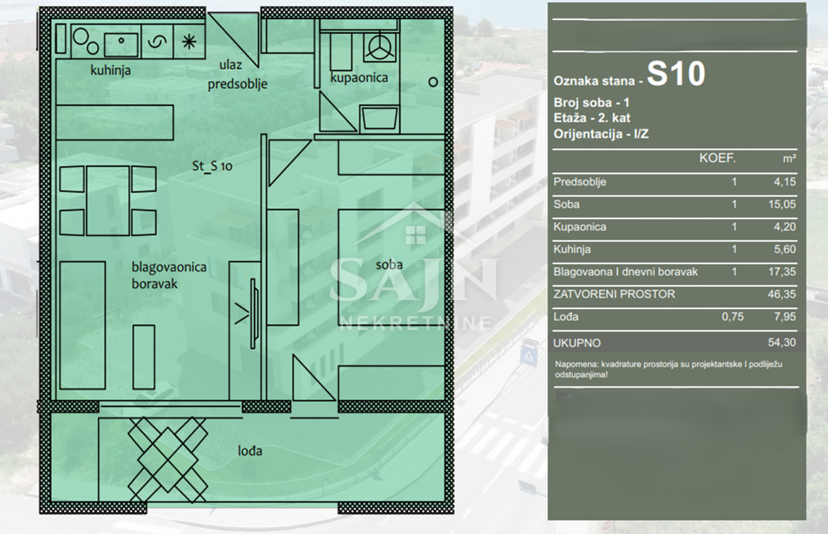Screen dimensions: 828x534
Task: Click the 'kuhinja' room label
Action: pyautogui.click(x=110, y=70)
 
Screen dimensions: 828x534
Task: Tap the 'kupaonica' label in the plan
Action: pyautogui.click(x=359, y=77)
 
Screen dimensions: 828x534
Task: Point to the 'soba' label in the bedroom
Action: pyautogui.click(x=389, y=265)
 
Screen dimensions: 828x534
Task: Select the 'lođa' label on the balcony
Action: pyautogui.click(x=250, y=451)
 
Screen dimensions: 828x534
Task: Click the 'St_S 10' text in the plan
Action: pyautogui.click(x=213, y=166)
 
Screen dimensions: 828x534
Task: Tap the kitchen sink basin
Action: pyautogui.click(x=121, y=45)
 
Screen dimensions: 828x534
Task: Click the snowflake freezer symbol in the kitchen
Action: pyautogui.click(x=189, y=41)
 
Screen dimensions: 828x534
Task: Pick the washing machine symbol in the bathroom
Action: pyautogui.click(x=380, y=47)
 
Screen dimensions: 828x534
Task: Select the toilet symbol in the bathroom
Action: pyautogui.click(x=379, y=118)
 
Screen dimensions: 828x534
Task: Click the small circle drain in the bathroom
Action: pyautogui.click(x=433, y=82)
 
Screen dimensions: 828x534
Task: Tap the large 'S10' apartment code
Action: pyautogui.click(x=676, y=74)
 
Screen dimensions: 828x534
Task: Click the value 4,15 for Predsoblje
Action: pyautogui.click(x=785, y=182)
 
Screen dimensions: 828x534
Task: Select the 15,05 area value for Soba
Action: pyautogui.click(x=782, y=204)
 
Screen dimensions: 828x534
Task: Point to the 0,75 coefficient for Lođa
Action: pyautogui.click(x=733, y=317)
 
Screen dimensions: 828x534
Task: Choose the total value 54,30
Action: pyautogui.click(x=782, y=343)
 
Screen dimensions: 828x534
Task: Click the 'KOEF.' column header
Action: pyautogui.click(x=718, y=159)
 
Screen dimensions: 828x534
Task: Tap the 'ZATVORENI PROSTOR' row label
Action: pyautogui.click(x=614, y=294)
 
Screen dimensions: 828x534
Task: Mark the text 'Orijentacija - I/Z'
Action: pyautogui.click(x=601, y=134)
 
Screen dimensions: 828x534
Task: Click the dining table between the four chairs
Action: pyautogui.click(x=108, y=201)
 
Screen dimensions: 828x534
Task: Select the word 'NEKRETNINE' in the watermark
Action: pyautogui.click(x=415, y=323)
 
